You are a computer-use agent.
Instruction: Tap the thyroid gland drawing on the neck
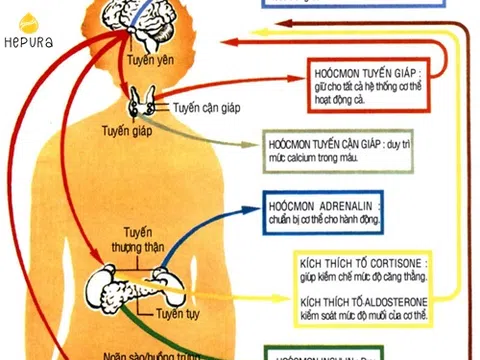[141, 103]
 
